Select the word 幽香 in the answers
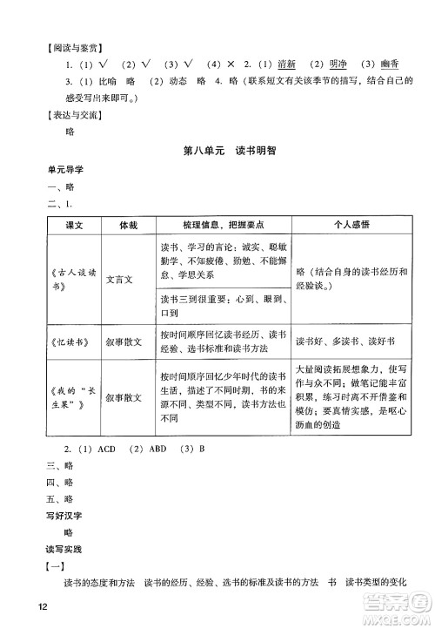[x=395, y=64]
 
